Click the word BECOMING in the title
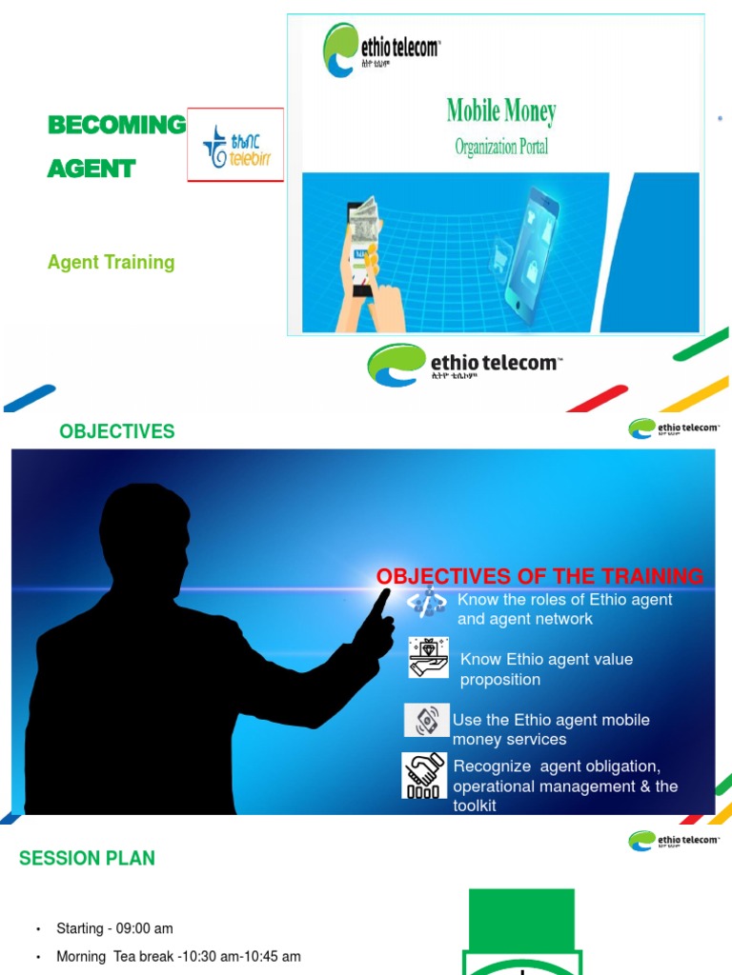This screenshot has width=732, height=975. (116, 125)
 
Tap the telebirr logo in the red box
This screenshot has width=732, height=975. (236, 146)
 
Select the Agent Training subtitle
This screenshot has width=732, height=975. (112, 262)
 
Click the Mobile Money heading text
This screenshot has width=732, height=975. (501, 112)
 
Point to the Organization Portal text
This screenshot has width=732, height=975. (501, 148)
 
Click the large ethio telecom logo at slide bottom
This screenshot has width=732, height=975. (464, 364)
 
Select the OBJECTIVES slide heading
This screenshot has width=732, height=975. (117, 431)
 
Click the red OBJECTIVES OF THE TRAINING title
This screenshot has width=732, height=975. (539, 576)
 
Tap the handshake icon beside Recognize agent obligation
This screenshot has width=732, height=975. (424, 775)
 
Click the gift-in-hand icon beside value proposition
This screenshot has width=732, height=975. (429, 658)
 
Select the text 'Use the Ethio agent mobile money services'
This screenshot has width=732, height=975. (550, 729)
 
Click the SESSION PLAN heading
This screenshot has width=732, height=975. (87, 858)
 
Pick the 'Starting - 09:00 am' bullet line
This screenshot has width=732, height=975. (114, 928)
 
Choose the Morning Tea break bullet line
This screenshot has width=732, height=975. (178, 956)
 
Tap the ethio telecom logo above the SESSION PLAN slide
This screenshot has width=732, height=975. (673, 841)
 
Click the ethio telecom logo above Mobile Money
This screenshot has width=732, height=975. (381, 50)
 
